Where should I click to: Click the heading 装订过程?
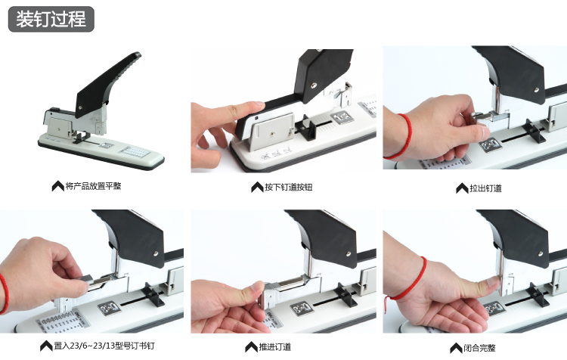51,19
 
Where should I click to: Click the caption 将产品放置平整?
93,186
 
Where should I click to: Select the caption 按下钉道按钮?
288,187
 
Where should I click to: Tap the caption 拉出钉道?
485,188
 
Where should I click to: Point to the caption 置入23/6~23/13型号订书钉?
104,346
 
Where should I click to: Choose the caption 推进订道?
275,347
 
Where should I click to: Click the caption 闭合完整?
479,348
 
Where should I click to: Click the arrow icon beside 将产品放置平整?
58,186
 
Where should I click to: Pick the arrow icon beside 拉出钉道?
462,188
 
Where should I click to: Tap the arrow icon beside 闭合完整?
456,348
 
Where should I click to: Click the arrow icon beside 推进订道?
251,347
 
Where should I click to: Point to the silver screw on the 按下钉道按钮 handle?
314,85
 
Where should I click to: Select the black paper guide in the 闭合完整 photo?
536,293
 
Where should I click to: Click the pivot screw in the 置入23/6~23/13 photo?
156,253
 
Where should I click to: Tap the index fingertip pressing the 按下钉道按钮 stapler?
258,105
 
